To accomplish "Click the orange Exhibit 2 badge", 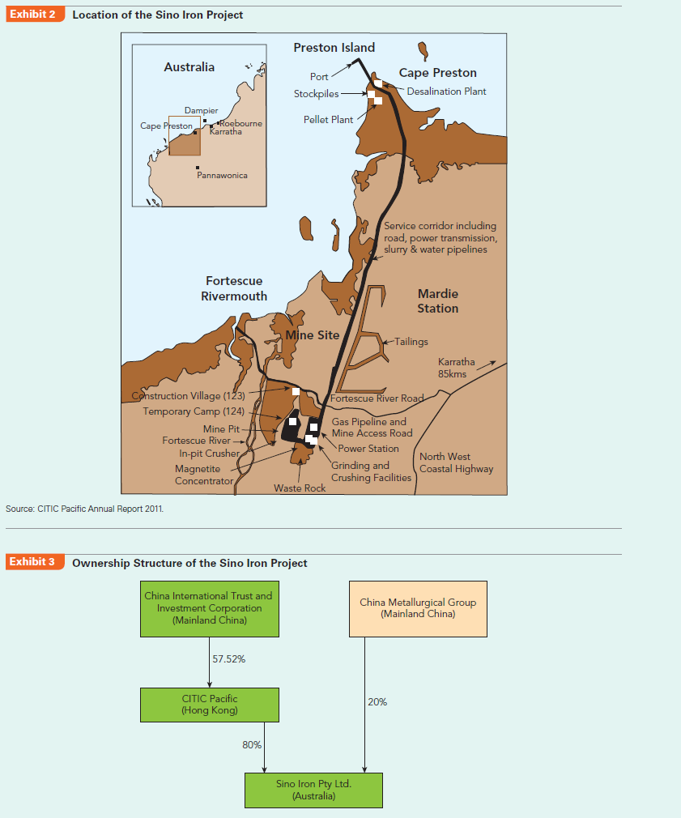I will [x=36, y=15].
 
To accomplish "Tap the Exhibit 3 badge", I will [x=36, y=562].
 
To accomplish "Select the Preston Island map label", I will [x=334, y=48].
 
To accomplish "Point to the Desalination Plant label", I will [x=446, y=92].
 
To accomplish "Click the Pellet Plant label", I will [x=328, y=119].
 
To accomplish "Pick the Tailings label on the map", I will [x=412, y=342].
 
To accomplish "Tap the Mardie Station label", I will [x=438, y=300].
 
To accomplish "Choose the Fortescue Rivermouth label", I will [x=234, y=288].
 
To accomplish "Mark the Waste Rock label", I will [x=300, y=488].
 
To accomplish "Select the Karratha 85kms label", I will [x=456, y=368].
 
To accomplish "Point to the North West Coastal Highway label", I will [x=456, y=462].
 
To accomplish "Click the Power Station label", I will [x=368, y=449].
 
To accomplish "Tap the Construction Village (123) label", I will [x=188, y=396].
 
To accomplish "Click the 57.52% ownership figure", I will [x=228, y=659].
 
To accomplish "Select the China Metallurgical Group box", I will [x=418, y=608].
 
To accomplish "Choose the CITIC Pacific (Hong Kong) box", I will [x=210, y=705].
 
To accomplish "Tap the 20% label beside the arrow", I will [x=377, y=701].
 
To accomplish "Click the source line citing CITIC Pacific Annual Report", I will [x=85, y=509].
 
